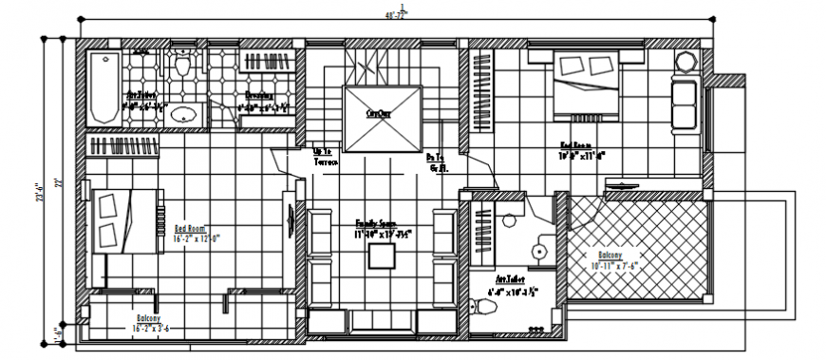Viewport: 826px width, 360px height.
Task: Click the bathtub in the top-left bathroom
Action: click(x=101, y=87)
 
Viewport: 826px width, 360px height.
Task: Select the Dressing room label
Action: click(x=259, y=95)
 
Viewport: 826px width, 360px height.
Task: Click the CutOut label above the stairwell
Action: click(x=379, y=112)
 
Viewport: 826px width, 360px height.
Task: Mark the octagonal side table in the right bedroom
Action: click(x=686, y=60)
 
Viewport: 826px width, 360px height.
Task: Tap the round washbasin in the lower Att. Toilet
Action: click(x=539, y=252)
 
